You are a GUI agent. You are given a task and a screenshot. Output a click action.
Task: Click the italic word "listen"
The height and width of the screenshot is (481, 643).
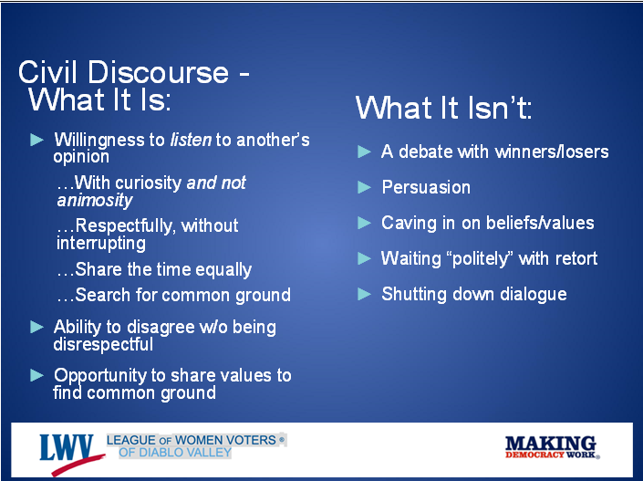pyautogui.click(x=191, y=140)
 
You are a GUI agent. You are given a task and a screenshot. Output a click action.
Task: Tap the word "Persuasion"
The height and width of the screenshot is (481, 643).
pyautogui.click(x=426, y=187)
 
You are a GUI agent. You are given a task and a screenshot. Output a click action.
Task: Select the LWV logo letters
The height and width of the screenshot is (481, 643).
pyautogui.click(x=67, y=448)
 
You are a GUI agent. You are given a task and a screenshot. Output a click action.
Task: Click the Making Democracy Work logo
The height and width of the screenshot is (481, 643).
pyautogui.click(x=552, y=447)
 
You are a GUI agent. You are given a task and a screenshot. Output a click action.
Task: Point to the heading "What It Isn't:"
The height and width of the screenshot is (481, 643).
pyautogui.click(x=443, y=108)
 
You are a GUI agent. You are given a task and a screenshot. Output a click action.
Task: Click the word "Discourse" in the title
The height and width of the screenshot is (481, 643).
pyautogui.click(x=158, y=72)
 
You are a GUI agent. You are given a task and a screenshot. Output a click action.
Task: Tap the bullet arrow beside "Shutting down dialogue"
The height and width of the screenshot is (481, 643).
pyautogui.click(x=364, y=294)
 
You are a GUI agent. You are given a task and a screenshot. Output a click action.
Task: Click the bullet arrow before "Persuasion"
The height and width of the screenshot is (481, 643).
pyautogui.click(x=364, y=187)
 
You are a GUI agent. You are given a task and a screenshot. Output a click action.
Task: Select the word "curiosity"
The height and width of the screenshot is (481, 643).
pyautogui.click(x=148, y=183)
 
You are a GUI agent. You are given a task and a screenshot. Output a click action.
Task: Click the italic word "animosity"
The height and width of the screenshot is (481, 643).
pyautogui.click(x=95, y=201)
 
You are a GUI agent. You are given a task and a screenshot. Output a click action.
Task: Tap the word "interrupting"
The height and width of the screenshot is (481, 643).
pyautogui.click(x=101, y=244)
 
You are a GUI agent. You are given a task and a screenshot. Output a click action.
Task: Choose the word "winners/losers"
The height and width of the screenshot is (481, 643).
pyautogui.click(x=552, y=152)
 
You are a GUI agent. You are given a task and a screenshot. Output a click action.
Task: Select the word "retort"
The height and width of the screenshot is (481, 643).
pyautogui.click(x=576, y=258)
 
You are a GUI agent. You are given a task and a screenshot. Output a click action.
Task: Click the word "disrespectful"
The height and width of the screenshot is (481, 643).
pyautogui.click(x=103, y=345)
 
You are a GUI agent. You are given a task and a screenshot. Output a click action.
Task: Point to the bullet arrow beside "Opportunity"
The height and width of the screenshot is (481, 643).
pyautogui.click(x=36, y=375)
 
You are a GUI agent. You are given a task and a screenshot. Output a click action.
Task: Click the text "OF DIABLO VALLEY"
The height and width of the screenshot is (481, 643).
pyautogui.click(x=175, y=453)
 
